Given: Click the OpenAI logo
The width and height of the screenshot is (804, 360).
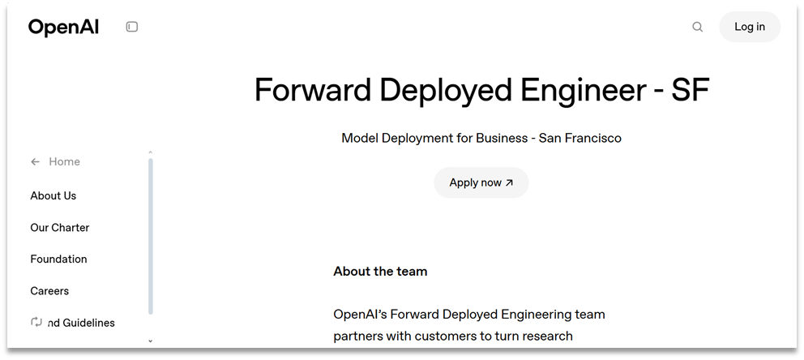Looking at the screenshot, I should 63,27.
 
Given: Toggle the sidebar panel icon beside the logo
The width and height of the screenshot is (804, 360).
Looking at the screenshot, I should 132,27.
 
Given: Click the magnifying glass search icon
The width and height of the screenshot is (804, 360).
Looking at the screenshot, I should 697,27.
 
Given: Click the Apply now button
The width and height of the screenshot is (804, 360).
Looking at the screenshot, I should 481,182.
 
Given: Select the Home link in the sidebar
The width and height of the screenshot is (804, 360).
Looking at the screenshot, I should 64,161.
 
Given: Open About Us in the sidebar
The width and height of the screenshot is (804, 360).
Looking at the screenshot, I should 53,195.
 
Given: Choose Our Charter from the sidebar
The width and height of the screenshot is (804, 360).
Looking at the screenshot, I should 59,228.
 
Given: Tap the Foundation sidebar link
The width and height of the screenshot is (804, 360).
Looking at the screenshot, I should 58,259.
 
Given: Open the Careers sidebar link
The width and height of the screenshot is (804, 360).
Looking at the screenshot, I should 49,291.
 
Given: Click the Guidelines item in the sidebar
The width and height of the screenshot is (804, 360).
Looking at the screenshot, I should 80,323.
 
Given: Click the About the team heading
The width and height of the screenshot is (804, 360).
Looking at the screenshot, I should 380,271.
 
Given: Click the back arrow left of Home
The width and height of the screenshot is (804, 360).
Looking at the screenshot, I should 35,161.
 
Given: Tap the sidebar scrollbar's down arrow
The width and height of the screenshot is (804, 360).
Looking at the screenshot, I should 150,341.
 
